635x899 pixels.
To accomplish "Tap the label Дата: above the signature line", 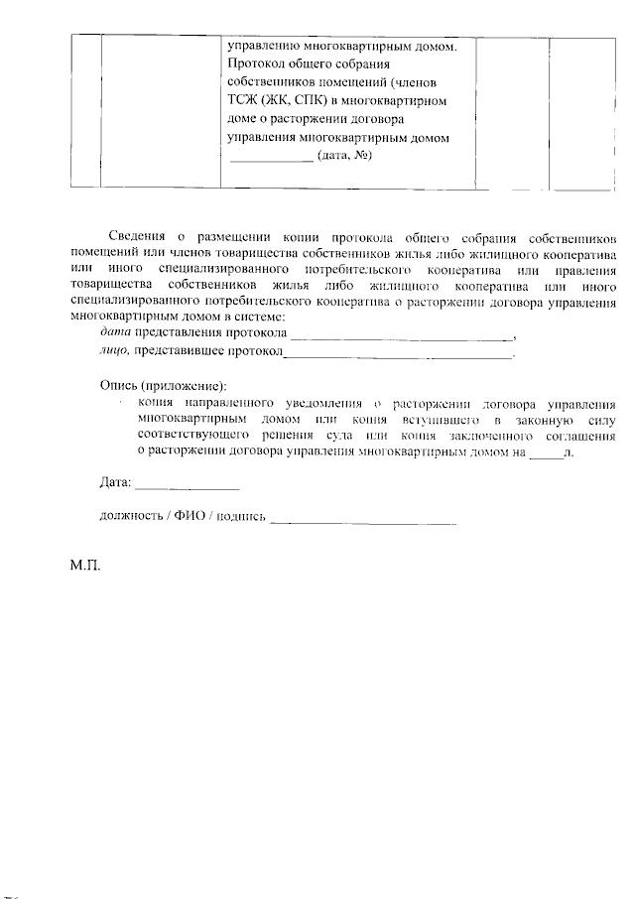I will pyautogui.click(x=116, y=483).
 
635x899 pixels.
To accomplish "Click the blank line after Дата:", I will pyautogui.click(x=187, y=486).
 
